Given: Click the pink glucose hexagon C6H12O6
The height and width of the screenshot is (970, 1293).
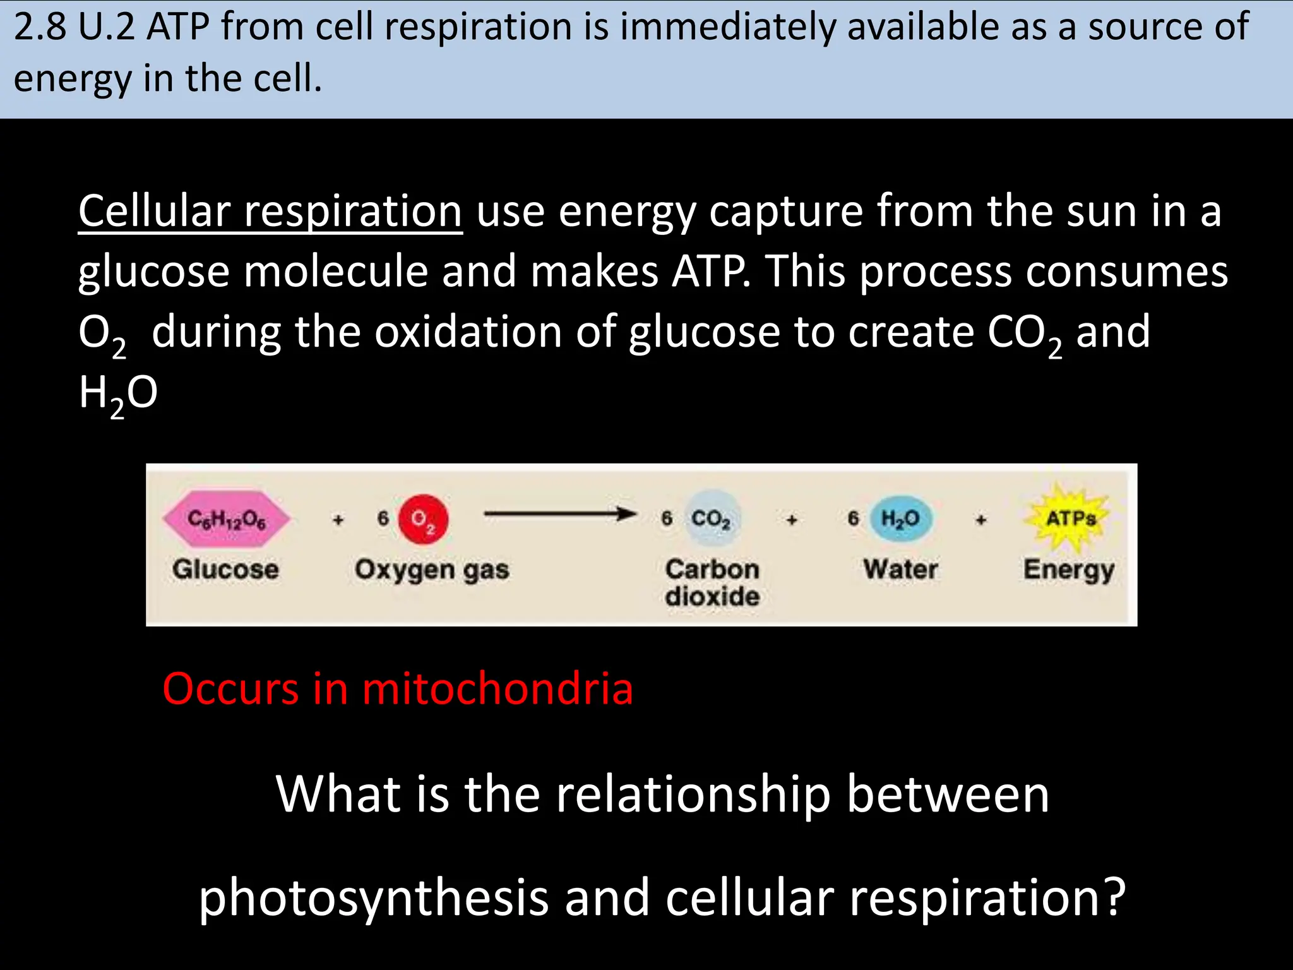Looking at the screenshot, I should [x=227, y=518].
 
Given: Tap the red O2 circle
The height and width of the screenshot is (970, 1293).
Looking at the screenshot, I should [x=424, y=519].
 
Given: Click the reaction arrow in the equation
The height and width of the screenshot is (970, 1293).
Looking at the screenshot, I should [x=559, y=514].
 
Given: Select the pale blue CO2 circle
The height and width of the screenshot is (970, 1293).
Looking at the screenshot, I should [x=711, y=518].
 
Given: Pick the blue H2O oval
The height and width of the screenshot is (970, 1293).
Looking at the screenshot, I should [x=900, y=518].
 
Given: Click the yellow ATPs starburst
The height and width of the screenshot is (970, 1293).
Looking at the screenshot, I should [x=1071, y=518].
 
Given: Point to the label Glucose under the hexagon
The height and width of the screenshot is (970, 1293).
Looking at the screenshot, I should [x=225, y=569].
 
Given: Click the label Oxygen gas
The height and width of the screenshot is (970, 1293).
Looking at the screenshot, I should [x=432, y=570].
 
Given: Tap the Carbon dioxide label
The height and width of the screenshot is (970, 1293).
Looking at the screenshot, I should [x=712, y=582].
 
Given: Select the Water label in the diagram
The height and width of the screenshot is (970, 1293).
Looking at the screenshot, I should [x=900, y=569].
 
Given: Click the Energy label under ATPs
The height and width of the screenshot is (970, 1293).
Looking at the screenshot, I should [x=1069, y=570].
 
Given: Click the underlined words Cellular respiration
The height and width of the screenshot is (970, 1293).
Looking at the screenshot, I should [x=270, y=212].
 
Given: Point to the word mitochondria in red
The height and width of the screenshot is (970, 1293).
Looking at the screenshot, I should [x=498, y=688].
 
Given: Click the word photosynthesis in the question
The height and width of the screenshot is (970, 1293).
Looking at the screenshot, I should [x=374, y=897].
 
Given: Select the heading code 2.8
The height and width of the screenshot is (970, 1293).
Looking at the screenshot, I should [x=40, y=28].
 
